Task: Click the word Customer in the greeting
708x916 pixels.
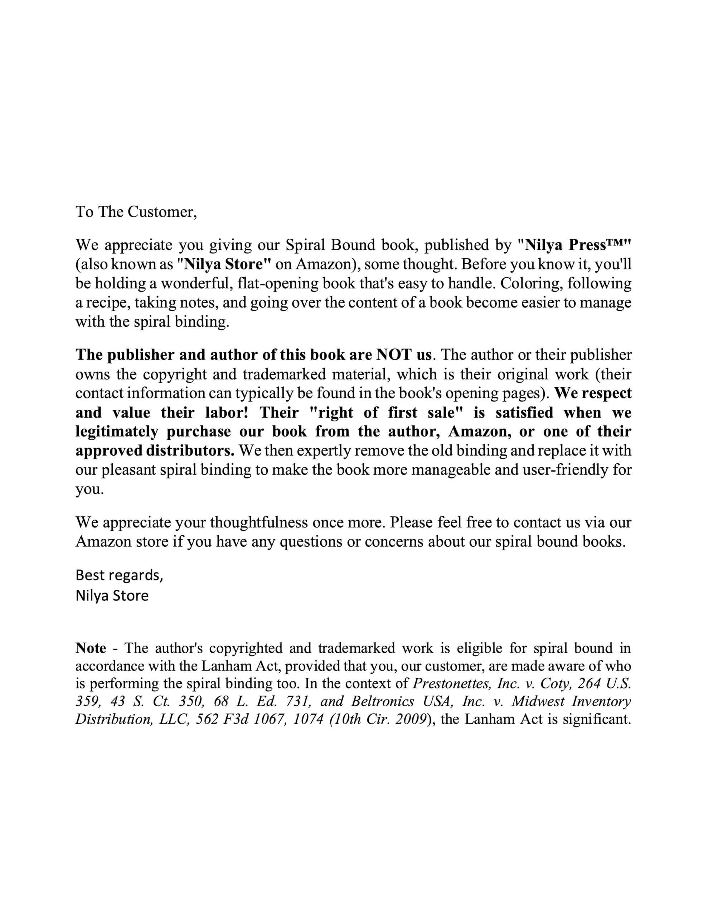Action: point(161,212)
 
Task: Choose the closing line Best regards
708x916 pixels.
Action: point(119,575)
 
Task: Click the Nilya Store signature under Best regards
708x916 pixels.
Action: point(112,595)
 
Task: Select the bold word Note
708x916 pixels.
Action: point(91,648)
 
